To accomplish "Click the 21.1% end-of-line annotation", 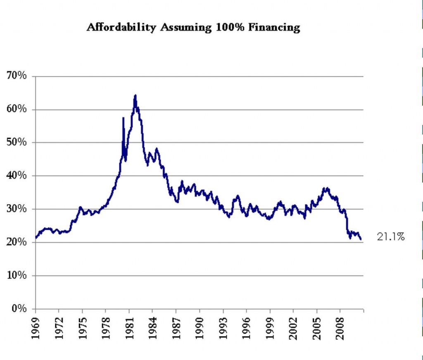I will pos(390,237).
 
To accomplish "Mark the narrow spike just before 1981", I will pos(123,119).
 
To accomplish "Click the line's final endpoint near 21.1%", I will pos(361,239).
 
